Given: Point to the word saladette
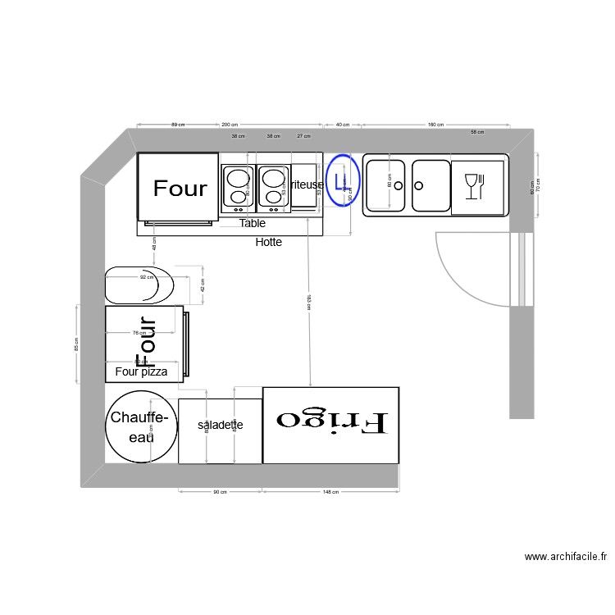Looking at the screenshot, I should [x=220, y=426].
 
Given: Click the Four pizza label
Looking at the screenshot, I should [x=141, y=372].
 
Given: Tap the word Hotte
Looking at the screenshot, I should [x=269, y=242].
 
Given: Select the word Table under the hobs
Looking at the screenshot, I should [x=253, y=223].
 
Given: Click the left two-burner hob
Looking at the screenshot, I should [x=238, y=185].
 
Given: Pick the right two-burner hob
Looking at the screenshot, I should [x=273, y=186].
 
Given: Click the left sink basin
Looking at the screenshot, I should [x=385, y=185].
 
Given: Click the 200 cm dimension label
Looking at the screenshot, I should [x=230, y=125].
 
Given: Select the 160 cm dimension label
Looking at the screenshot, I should [x=435, y=125].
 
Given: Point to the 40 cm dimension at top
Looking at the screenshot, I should [x=343, y=125].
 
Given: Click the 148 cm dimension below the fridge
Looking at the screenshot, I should [x=330, y=492].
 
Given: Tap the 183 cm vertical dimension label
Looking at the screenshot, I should [x=308, y=303].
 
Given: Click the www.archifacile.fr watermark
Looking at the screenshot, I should [x=566, y=557].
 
